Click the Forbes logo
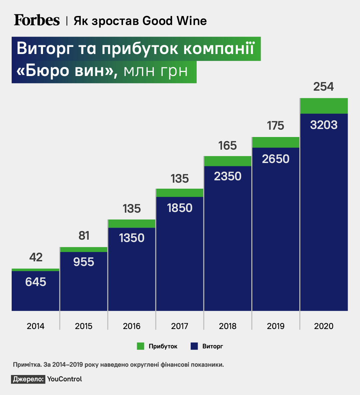37,20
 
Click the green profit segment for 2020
324,106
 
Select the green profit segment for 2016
132,224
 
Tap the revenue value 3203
324,125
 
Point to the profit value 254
323,87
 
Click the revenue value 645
36,282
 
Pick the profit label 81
84,236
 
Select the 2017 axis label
180,326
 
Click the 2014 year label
36,326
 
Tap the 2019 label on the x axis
276,326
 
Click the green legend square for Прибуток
140,346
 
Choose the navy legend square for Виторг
194,346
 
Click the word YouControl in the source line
65,379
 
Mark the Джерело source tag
28,379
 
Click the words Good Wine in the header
174,21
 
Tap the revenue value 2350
228,176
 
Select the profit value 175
276,126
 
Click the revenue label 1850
180,208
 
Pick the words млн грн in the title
156,71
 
